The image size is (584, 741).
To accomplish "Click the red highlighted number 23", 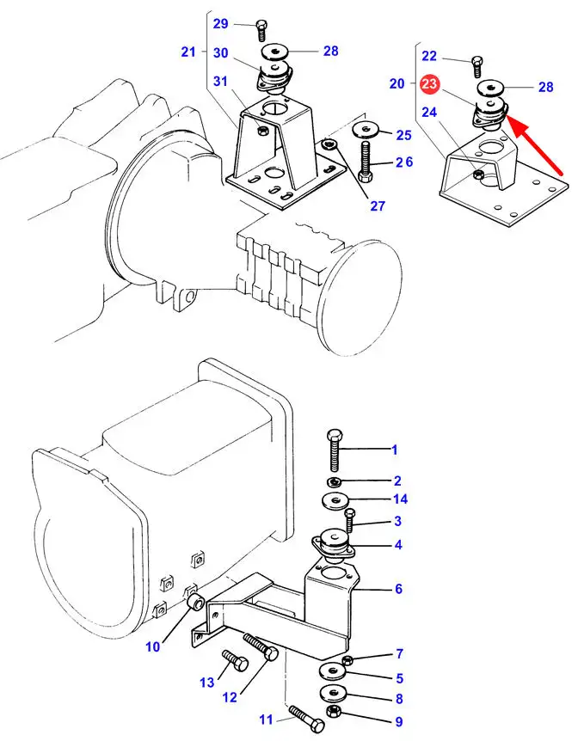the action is pyautogui.click(x=429, y=84).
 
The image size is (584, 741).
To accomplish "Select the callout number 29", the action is pyautogui.click(x=221, y=23).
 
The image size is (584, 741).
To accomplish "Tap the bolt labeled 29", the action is pyautogui.click(x=261, y=30).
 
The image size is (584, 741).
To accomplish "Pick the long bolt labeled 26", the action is pyautogui.click(x=366, y=162).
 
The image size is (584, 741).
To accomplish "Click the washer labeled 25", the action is pyautogui.click(x=366, y=128).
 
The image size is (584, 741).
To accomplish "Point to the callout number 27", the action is pyautogui.click(x=378, y=205).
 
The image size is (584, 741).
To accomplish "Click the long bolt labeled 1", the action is pyautogui.click(x=335, y=450).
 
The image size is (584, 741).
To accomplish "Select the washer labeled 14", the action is pyautogui.click(x=335, y=500).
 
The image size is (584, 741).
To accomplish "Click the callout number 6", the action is pyautogui.click(x=398, y=588).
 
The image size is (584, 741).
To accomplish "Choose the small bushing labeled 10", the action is pyautogui.click(x=195, y=602).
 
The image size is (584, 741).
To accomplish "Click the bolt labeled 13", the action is pyautogui.click(x=235, y=661).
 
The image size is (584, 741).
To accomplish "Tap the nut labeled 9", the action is pyautogui.click(x=334, y=710).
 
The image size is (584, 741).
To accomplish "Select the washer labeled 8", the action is pyautogui.click(x=334, y=694).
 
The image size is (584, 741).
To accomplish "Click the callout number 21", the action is pyautogui.click(x=188, y=52).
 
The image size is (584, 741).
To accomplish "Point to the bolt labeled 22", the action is pyautogui.click(x=476, y=67).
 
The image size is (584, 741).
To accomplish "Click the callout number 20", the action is pyautogui.click(x=397, y=83).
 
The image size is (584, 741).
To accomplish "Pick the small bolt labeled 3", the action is pyautogui.click(x=349, y=520).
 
